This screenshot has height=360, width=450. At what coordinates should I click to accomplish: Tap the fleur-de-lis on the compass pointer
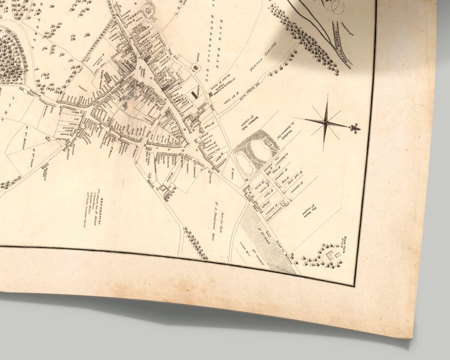pyautogui.click(x=355, y=129)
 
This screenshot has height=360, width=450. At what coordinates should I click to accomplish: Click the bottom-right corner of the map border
pyautogui.click(x=355, y=284)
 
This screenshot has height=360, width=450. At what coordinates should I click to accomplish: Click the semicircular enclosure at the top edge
pyautogui.click(x=151, y=8)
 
